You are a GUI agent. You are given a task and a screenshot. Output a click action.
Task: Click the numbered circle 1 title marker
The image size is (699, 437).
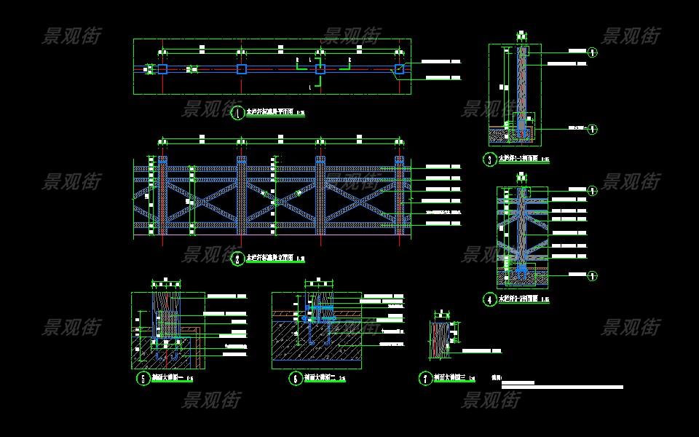[x=237, y=113]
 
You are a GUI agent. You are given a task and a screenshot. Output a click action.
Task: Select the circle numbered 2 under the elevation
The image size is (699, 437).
[x=237, y=259]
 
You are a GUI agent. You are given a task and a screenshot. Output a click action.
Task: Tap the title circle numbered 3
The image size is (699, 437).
[x=489, y=159]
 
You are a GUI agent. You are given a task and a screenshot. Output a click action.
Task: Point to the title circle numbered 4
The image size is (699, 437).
[x=489, y=299]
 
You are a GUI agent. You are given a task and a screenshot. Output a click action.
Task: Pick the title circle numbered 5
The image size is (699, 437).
[x=143, y=378]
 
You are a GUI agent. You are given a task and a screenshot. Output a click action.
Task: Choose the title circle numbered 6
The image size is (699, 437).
[x=295, y=378]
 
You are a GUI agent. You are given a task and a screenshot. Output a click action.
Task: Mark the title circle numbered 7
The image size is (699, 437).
[x=424, y=378]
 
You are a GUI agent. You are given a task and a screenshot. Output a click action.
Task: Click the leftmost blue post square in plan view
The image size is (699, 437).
[x=162, y=69]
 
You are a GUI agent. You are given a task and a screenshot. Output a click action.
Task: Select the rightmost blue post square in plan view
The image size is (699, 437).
[x=399, y=69]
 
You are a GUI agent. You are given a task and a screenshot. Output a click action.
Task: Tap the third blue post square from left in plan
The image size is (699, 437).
[x=320, y=69]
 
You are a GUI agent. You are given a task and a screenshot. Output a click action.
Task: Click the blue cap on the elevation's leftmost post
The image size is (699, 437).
[x=162, y=160]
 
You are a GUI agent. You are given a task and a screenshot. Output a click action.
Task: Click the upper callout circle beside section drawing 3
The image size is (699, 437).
[x=593, y=52]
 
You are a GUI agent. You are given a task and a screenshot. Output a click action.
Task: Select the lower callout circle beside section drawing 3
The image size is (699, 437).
[x=593, y=130]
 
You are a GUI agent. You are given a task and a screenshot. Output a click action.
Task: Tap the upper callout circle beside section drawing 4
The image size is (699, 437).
[x=593, y=190]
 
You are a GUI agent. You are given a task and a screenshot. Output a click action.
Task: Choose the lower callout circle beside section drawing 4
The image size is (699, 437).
[x=593, y=276]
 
